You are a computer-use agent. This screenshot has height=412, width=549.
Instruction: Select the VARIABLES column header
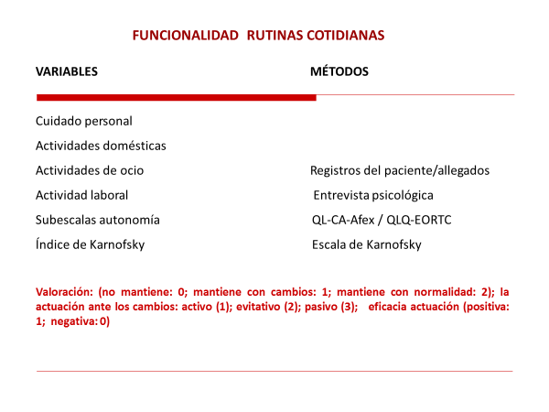point(67,71)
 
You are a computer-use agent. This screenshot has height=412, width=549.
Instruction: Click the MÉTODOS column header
point(339,71)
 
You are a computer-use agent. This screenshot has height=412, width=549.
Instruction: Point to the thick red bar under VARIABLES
point(173,96)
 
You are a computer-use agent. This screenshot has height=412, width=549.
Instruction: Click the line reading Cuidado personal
point(83,121)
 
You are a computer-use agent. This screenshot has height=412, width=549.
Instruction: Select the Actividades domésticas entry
point(101,146)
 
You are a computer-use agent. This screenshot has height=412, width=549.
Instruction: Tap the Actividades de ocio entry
point(89,170)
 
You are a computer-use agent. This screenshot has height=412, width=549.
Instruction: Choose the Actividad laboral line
point(81,195)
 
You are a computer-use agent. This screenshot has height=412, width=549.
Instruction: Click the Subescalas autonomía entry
point(97,220)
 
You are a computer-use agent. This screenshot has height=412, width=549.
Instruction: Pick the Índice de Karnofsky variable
point(90,244)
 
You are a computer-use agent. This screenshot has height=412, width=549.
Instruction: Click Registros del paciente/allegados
point(400,170)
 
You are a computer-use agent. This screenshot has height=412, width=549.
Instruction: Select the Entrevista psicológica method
point(373,195)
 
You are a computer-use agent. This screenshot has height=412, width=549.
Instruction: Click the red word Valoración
point(64,291)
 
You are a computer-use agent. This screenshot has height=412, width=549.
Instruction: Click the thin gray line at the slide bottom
point(274,372)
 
